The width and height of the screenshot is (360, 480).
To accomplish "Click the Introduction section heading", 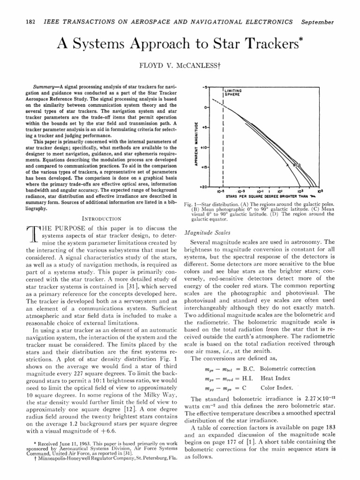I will point(102,218).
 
